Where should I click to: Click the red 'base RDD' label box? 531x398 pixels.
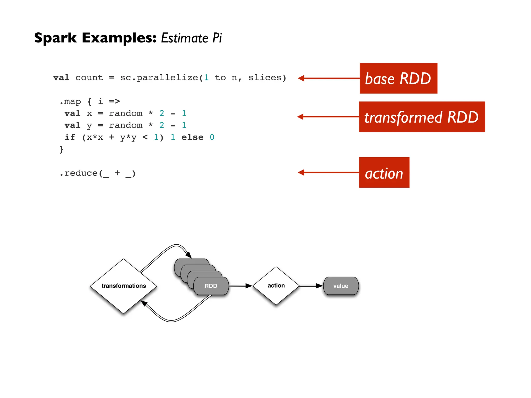(x=398, y=78)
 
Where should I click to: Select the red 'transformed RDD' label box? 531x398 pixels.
(x=422, y=117)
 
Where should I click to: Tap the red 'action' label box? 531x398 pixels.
(x=384, y=172)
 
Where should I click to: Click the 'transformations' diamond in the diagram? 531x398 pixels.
(x=123, y=286)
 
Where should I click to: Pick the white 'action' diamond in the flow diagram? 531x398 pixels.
(x=276, y=286)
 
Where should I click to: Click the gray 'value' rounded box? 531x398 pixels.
(x=341, y=286)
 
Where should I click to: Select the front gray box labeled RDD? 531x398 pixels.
(x=211, y=286)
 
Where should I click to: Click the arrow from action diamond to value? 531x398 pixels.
(x=311, y=286)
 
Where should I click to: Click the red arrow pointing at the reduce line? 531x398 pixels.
(x=328, y=172)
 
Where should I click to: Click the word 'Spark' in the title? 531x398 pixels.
(x=55, y=38)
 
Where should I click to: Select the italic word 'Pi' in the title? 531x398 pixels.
(x=217, y=38)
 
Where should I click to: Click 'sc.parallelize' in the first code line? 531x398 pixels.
(x=159, y=77)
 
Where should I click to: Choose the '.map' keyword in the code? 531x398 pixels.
(x=70, y=101)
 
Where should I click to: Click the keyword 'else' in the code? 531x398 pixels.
(x=192, y=137)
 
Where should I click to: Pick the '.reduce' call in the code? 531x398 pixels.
(x=79, y=173)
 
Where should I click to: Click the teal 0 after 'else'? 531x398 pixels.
(x=212, y=137)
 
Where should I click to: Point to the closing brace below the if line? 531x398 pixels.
(x=61, y=149)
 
